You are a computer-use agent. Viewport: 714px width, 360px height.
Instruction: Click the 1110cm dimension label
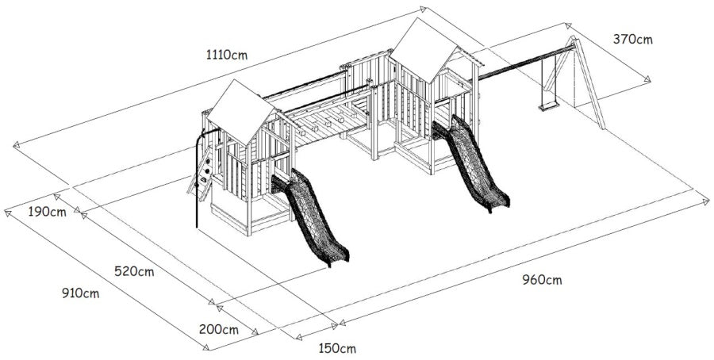(227, 55)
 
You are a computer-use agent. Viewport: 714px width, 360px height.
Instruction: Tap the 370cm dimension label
(632, 40)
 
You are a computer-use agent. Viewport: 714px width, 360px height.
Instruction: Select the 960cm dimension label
(542, 280)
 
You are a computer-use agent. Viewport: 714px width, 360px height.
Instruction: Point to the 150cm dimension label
(337, 349)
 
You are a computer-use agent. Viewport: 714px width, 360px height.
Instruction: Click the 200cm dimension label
(219, 330)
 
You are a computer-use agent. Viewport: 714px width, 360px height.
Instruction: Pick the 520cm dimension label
(134, 272)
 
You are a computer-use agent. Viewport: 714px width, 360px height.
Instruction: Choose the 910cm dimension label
(81, 293)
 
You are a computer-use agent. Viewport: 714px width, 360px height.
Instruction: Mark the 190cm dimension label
(48, 212)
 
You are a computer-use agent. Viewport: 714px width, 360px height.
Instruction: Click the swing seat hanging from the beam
(548, 106)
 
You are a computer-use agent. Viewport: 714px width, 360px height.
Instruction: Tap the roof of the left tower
(240, 111)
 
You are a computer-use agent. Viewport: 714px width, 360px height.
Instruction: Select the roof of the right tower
(424, 49)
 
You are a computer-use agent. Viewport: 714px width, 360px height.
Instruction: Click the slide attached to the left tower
(311, 217)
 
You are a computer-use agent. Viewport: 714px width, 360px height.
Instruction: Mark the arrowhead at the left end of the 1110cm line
(16, 145)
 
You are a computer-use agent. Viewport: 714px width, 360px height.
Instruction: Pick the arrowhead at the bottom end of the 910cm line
(206, 347)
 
